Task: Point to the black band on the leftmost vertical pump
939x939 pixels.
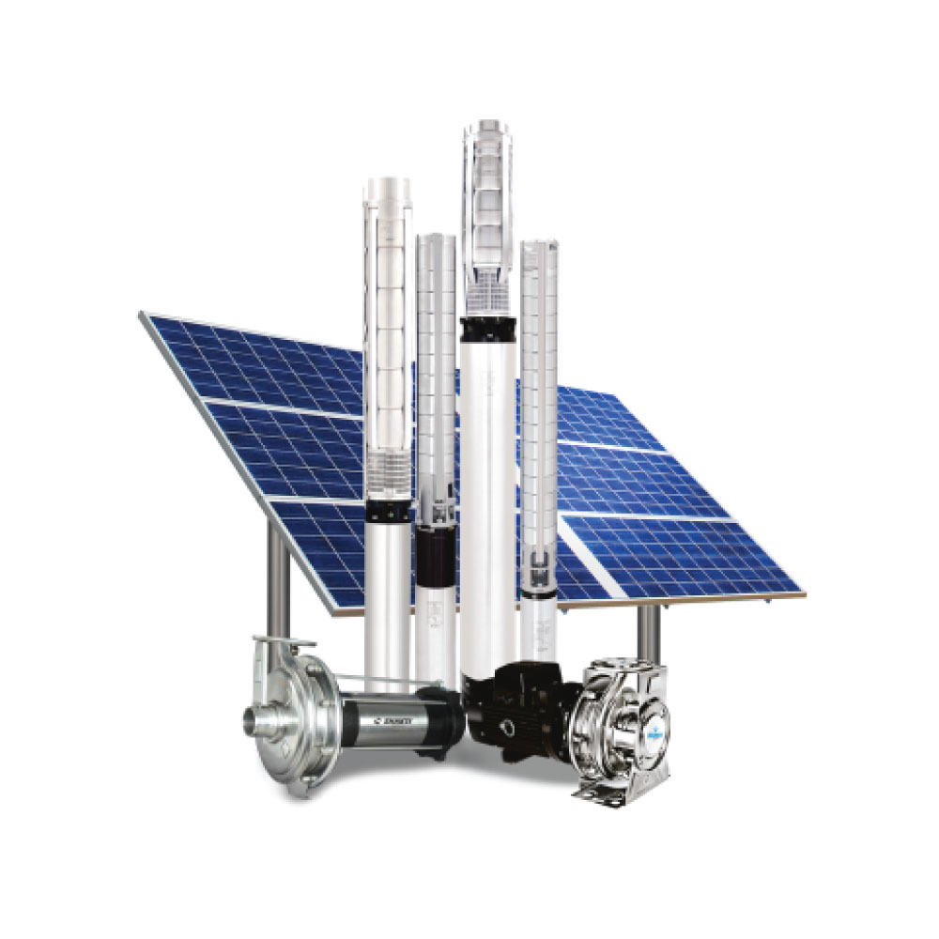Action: click(x=388, y=512)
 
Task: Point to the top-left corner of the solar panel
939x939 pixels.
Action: click(x=144, y=315)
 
